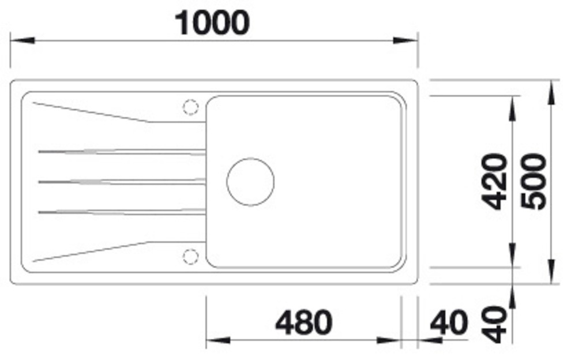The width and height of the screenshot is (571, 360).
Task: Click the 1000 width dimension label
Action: click(x=213, y=23)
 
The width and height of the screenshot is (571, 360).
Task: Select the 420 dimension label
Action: click(x=494, y=181)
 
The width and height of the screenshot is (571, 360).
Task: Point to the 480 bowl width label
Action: click(x=304, y=322)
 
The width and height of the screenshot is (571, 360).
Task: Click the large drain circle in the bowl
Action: click(x=250, y=182)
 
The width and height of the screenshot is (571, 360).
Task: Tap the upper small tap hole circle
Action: click(x=190, y=107)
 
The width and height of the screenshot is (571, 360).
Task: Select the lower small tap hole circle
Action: click(x=190, y=256)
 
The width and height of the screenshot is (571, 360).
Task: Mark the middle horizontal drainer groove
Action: click(x=121, y=182)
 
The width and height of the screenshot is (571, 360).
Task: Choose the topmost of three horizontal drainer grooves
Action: click(x=121, y=152)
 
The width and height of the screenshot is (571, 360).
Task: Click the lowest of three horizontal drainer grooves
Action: click(x=121, y=212)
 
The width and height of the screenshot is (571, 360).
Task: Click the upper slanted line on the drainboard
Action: click(x=92, y=112)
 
